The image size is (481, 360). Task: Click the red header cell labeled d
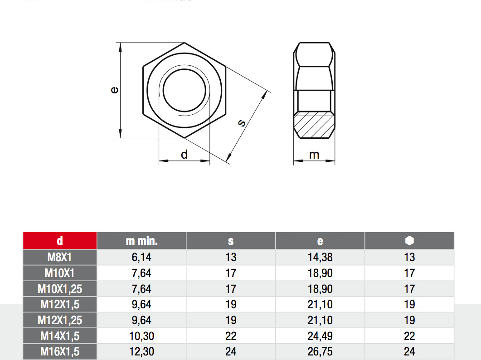(x=60, y=241)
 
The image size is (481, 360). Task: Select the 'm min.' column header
(x=141, y=241)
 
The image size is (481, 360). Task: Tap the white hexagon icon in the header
(x=409, y=240)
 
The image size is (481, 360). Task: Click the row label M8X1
(x=60, y=258)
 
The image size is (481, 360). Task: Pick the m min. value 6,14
(x=141, y=258)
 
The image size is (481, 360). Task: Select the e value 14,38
(x=320, y=258)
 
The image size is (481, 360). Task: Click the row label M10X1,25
(x=60, y=289)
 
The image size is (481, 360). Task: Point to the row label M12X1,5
(x=60, y=305)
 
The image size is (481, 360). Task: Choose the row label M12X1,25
(x=60, y=320)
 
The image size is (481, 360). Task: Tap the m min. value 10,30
(x=141, y=336)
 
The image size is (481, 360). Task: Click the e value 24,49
(x=320, y=336)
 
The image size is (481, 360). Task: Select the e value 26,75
(x=320, y=351)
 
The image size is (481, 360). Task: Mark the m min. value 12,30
(x=141, y=351)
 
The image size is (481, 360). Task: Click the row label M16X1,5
(x=60, y=351)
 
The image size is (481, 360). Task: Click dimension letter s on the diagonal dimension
(x=242, y=122)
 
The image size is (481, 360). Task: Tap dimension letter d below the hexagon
(x=184, y=155)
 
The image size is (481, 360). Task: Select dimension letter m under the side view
(x=314, y=155)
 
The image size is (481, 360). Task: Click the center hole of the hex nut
(x=184, y=90)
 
